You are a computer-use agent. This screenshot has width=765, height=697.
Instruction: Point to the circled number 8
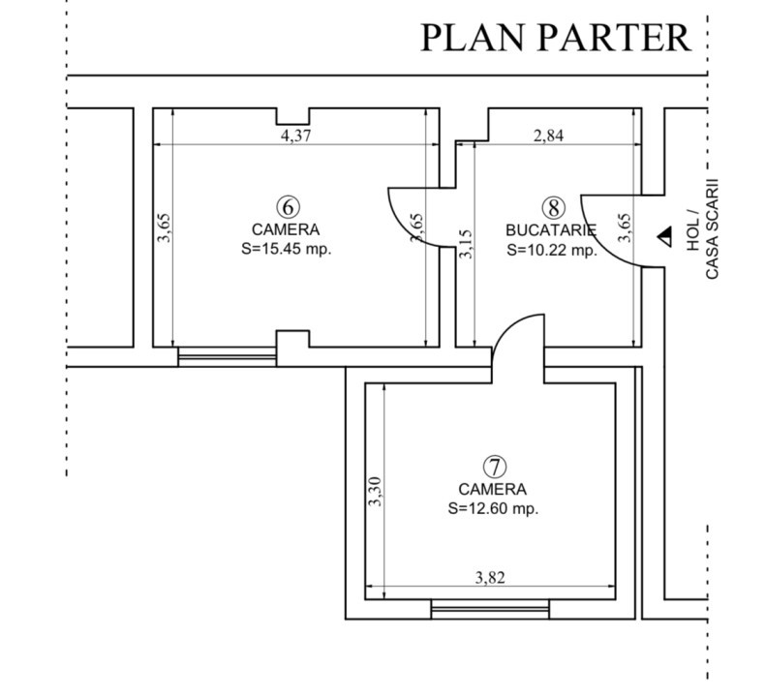point(552,207)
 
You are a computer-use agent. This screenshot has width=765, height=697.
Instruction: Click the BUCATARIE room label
point(550,230)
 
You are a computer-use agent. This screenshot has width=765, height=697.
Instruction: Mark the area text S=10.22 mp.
point(550,250)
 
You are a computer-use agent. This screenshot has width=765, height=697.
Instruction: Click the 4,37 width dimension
point(295,136)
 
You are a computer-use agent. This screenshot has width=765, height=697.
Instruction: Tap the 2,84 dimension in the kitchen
point(548,136)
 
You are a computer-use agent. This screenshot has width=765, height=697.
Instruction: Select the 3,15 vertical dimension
point(467,243)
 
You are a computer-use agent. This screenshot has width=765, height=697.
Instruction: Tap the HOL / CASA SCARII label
point(702,228)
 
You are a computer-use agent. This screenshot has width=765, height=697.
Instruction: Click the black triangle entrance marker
point(664,235)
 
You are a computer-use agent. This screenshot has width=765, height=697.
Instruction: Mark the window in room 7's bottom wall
point(490,609)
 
